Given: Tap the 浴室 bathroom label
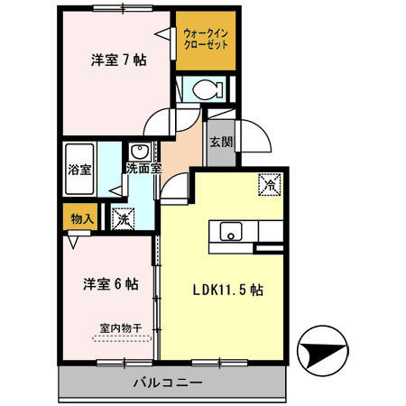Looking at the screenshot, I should [78, 169].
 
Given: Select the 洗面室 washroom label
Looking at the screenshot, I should [143, 168].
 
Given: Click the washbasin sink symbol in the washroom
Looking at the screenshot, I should [139, 151].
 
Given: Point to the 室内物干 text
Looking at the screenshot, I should [122, 328].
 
